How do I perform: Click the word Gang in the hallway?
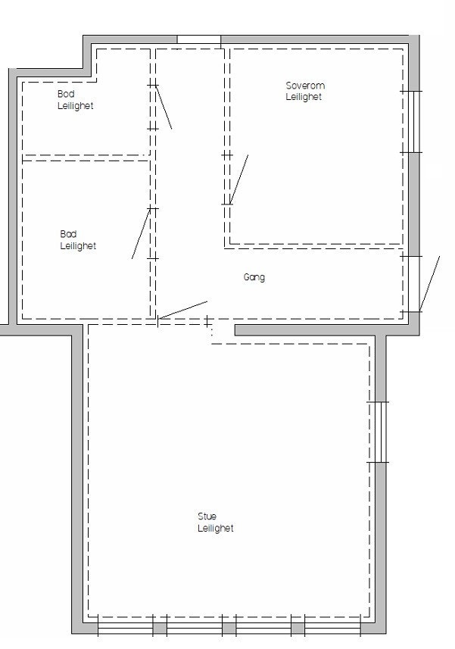click(254, 278)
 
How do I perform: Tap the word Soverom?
click(305, 86)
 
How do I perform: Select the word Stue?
click(207, 516)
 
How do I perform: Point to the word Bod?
click(67, 94)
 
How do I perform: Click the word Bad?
click(68, 234)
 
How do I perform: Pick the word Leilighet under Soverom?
click(304, 97)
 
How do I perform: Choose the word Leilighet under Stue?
click(216, 529)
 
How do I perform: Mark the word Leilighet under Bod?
click(76, 106)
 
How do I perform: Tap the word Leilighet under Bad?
click(78, 246)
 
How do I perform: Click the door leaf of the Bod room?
click(163, 107)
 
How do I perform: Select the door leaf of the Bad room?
click(141, 233)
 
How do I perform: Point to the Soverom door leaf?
click(238, 179)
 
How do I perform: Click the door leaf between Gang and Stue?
click(182, 310)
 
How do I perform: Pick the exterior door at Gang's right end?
click(429, 284)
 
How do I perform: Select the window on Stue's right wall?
click(379, 432)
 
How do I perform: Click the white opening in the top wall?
click(198, 39)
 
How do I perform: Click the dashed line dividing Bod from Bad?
click(86, 158)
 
